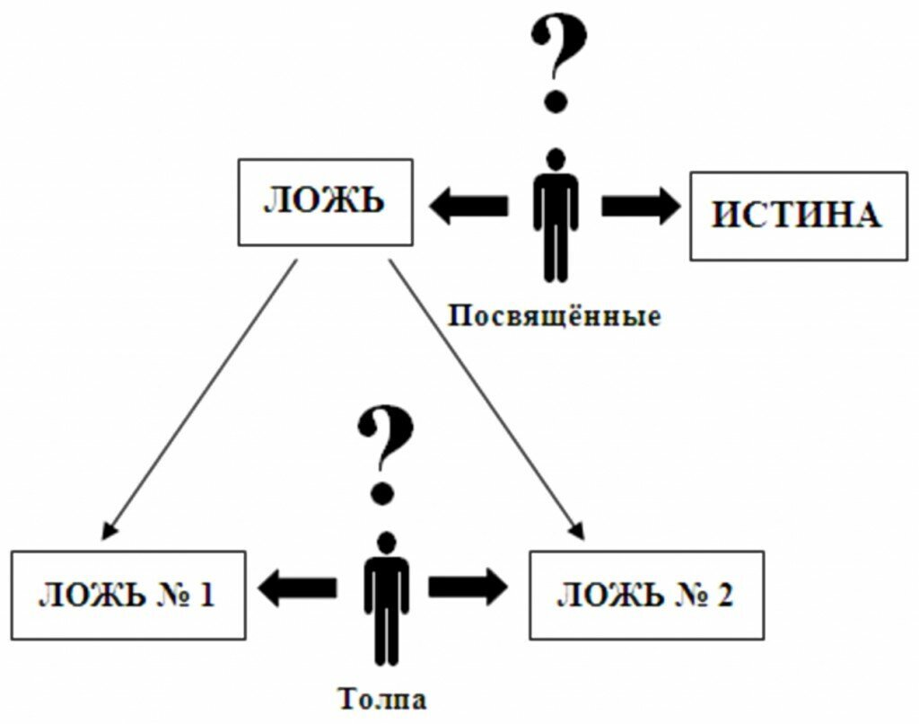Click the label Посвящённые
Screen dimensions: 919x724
coord(555,316)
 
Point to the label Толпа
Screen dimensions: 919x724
coord(382,699)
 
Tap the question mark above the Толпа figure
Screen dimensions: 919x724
coord(385,455)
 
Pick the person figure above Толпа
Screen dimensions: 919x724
coord(386,599)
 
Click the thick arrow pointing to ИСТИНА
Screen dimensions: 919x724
coord(641,206)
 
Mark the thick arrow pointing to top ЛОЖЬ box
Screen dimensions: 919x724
coord(468,206)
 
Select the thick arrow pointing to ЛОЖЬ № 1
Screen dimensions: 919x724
coord(296,587)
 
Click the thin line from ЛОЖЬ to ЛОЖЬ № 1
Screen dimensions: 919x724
coord(199,400)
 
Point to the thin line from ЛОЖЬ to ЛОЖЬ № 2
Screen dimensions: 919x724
coord(487,399)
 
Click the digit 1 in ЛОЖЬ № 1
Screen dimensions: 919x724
coord(206,596)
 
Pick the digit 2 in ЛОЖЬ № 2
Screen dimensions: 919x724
coord(724,596)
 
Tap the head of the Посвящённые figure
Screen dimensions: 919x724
coord(556,159)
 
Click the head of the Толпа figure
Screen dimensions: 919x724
coord(386,543)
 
